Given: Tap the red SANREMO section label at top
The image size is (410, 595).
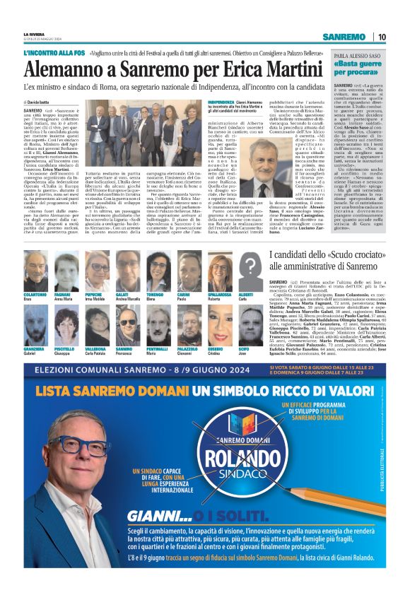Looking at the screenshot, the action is point(344,37).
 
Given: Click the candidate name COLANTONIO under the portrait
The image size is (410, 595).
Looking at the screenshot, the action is point(35,294).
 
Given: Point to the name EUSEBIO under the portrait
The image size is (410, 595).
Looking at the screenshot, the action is point(216,348).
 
